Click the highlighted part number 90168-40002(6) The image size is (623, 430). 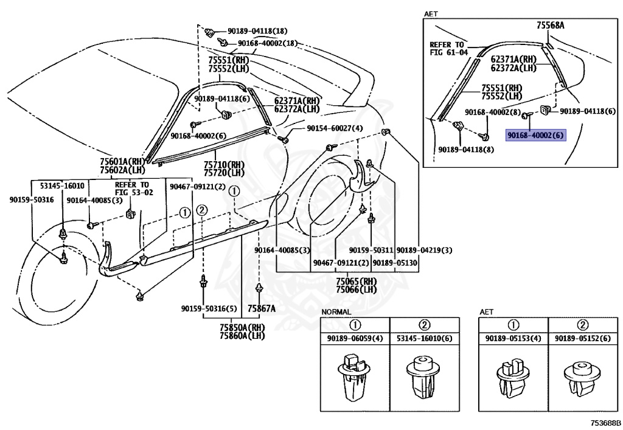tap(535, 136)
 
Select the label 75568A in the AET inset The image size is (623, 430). tap(550, 26)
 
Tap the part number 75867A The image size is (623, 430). tap(262, 308)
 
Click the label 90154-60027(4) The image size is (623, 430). tap(335, 128)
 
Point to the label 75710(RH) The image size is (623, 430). tap(224, 165)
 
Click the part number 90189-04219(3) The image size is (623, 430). tap(424, 250)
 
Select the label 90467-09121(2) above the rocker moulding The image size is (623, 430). tap(197, 187)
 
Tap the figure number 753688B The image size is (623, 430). tap(605, 423)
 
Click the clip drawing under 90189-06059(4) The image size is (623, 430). tap(355, 377)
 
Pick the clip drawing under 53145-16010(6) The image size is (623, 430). tap(423, 377)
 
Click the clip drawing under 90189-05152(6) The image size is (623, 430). tap(582, 377)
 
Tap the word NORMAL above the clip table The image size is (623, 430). tap(336, 312)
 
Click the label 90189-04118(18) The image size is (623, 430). tap(257, 31)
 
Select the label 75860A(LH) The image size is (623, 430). tap(242, 336)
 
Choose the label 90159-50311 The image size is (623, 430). tap(371, 250)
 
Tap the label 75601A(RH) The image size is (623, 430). tap(122, 162)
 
